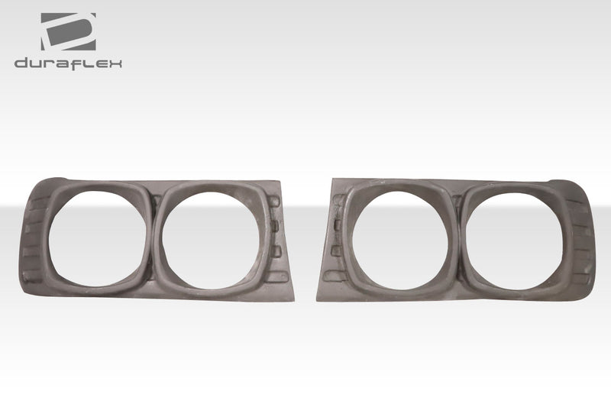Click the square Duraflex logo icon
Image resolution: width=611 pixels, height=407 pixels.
68,31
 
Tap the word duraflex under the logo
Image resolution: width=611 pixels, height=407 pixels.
68,63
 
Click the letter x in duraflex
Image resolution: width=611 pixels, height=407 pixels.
117,63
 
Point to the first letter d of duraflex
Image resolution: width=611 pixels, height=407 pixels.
21,63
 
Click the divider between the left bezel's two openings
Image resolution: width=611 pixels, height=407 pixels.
151,237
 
